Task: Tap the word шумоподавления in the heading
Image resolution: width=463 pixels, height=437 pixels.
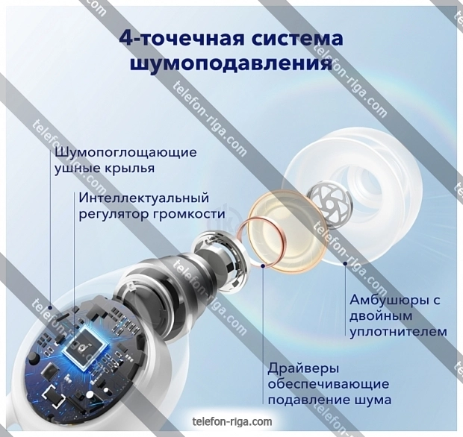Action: tap(232, 64)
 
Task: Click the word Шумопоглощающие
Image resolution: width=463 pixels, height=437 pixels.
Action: tap(125, 154)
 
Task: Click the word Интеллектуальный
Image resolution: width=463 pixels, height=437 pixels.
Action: tap(144, 198)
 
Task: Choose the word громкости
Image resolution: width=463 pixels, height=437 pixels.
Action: tap(189, 215)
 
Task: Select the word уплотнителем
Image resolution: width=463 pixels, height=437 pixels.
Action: tap(398, 333)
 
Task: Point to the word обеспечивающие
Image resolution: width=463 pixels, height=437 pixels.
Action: tap(329, 385)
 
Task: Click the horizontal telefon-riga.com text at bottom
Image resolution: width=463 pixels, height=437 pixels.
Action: tap(232, 421)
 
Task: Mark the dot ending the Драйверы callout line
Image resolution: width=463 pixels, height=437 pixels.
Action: tap(263, 265)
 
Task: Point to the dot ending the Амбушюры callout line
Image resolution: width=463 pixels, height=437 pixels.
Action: tap(345, 263)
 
